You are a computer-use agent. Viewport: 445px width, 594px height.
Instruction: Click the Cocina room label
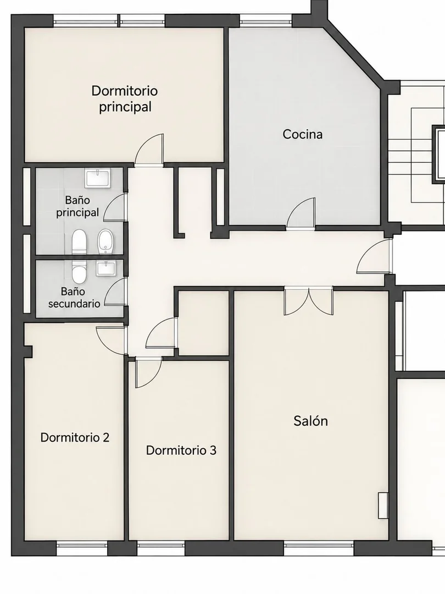coord(302,135)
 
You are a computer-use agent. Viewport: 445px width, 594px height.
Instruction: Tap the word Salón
coord(310,421)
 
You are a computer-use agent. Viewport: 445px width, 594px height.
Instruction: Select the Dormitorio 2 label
coord(75,438)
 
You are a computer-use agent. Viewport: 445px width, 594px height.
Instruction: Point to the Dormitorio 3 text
coord(181,450)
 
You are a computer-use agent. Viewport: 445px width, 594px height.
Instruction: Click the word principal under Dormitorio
coord(125,107)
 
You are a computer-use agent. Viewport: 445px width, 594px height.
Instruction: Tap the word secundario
coord(74,304)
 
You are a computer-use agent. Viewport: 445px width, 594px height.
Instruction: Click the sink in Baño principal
coord(98,179)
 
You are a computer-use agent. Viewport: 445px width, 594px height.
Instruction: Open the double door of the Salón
coord(309,301)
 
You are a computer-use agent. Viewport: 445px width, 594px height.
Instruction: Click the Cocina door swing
coord(301,214)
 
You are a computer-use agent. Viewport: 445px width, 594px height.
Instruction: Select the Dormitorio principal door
coord(149,150)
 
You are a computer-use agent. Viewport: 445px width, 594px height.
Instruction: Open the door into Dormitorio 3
coord(148,372)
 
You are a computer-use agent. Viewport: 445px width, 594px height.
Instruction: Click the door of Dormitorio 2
coord(110,339)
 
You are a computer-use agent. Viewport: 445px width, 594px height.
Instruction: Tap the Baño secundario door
coord(115,291)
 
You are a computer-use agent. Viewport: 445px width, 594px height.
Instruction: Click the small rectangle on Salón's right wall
coord(383,506)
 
